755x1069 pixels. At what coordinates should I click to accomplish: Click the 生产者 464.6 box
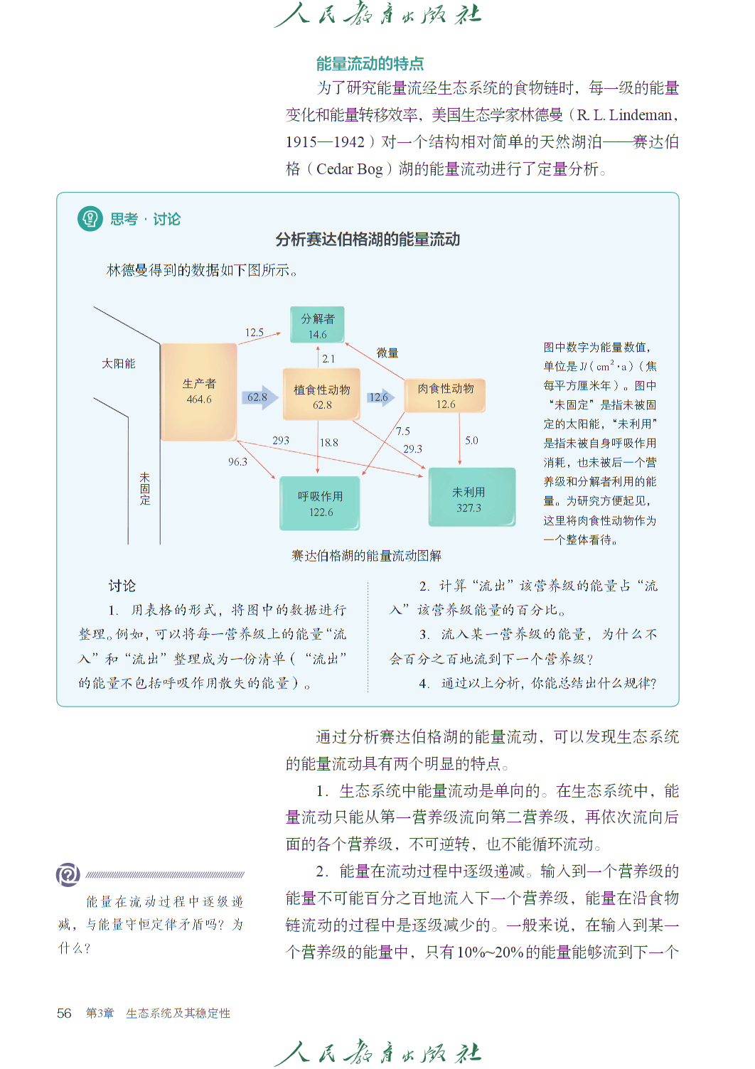click(198, 392)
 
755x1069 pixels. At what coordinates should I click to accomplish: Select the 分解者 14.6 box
click(317, 325)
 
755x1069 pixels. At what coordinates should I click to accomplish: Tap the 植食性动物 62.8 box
click(321, 394)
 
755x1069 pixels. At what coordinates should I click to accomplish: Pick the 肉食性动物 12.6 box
click(445, 396)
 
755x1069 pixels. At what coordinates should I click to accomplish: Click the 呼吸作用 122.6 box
click(320, 503)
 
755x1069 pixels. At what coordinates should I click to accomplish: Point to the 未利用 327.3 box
click(472, 498)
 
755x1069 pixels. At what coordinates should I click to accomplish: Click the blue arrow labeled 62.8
click(260, 397)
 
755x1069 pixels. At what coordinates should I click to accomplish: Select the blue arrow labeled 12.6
click(381, 397)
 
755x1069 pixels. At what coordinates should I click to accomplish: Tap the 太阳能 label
click(118, 364)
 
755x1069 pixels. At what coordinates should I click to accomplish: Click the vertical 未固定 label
click(144, 489)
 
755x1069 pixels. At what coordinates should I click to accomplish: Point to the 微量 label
click(387, 353)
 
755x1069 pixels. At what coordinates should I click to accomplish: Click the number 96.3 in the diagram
click(237, 461)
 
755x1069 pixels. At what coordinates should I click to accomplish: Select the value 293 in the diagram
click(281, 440)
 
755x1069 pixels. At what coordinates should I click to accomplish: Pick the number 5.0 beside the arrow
click(471, 440)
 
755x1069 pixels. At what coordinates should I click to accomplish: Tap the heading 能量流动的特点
click(370, 63)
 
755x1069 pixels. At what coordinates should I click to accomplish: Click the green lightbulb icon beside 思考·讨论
click(90, 219)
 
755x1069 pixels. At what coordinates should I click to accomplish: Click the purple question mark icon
click(68, 874)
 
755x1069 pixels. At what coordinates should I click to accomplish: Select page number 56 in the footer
click(64, 1013)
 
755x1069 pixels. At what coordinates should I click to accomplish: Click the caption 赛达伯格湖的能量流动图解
click(367, 556)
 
